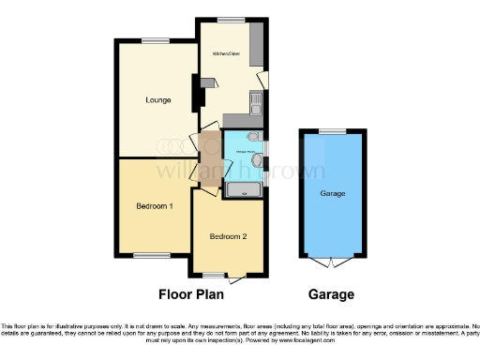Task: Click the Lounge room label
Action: [x=157, y=99]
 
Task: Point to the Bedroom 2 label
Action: [x=228, y=236]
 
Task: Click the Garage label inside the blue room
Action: [x=334, y=193]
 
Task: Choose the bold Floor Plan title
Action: [x=196, y=294]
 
